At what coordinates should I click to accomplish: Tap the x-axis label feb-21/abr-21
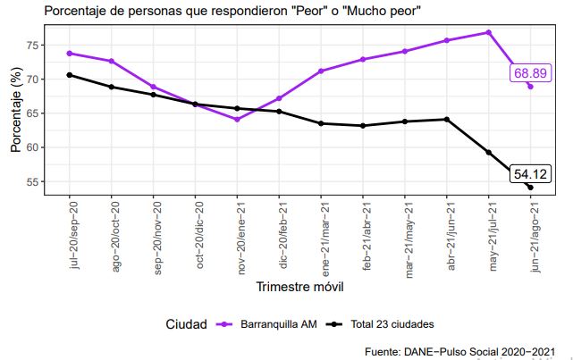pyautogui.click(x=367, y=234)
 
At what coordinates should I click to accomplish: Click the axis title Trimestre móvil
pyautogui.click(x=299, y=288)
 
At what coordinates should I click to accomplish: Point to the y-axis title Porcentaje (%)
pyautogui.click(x=15, y=113)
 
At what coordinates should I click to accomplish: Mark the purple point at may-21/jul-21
pyautogui.click(x=489, y=32)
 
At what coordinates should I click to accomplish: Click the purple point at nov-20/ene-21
pyautogui.click(x=237, y=119)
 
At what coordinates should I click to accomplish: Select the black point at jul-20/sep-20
pyautogui.click(x=70, y=75)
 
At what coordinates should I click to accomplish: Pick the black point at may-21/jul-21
pyautogui.click(x=489, y=152)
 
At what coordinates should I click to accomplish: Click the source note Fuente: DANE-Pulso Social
pyautogui.click(x=465, y=351)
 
